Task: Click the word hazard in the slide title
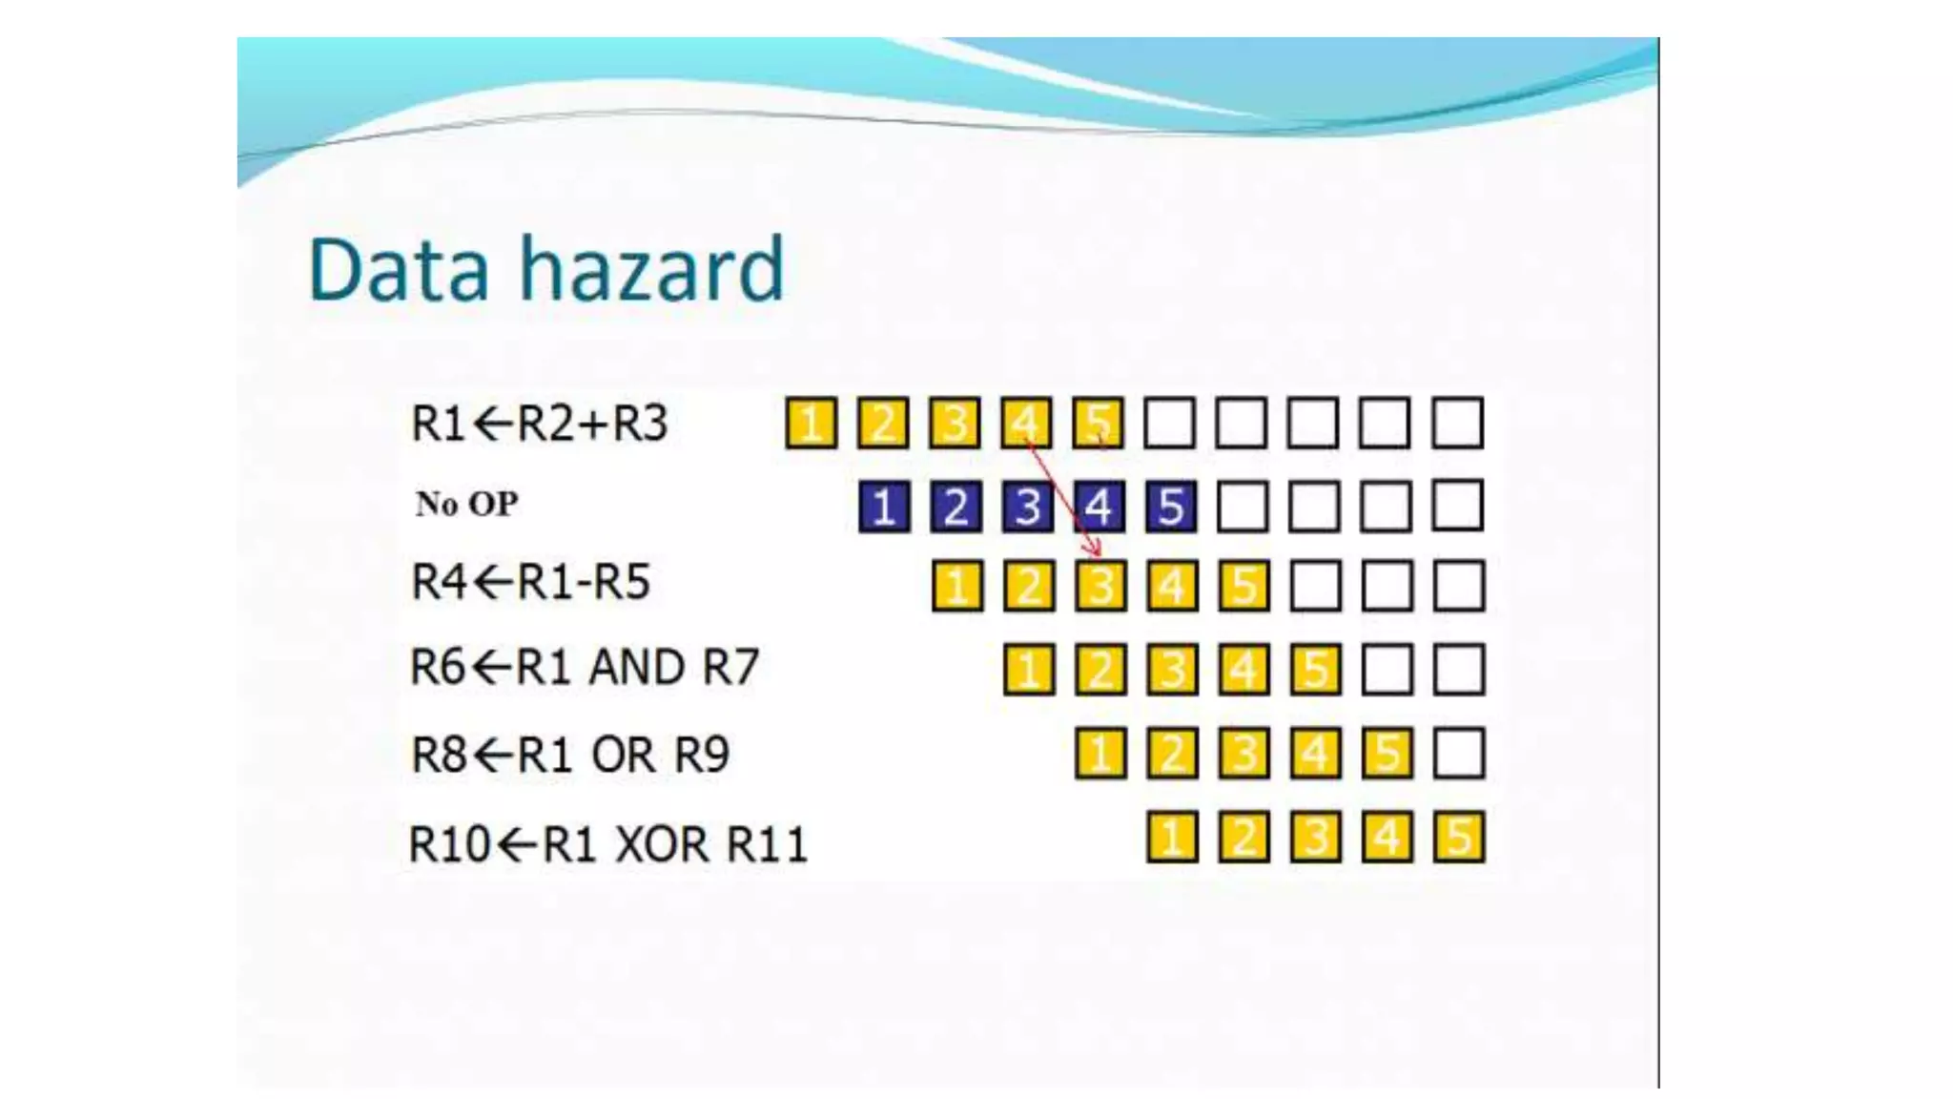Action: [x=651, y=271]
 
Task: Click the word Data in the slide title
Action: [x=399, y=271]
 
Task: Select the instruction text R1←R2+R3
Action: [x=539, y=424]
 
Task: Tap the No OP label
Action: [x=466, y=504]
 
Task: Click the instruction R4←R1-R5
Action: [x=530, y=582]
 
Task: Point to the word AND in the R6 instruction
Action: [x=636, y=667]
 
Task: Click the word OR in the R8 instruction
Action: [x=623, y=755]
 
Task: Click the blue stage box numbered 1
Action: [x=884, y=507]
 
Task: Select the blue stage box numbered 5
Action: [x=1171, y=507]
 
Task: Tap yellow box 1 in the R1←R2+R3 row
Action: [x=812, y=424]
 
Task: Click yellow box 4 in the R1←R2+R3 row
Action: [x=1027, y=424]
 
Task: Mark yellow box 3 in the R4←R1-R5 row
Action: [x=1100, y=586]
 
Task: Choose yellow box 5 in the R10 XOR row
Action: [x=1459, y=838]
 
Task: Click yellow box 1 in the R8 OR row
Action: [x=1100, y=754]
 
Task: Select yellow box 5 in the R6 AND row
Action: [x=1316, y=670]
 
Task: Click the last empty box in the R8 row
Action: [x=1459, y=754]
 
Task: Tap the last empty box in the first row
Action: [x=1458, y=424]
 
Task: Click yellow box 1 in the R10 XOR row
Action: [x=1172, y=838]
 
